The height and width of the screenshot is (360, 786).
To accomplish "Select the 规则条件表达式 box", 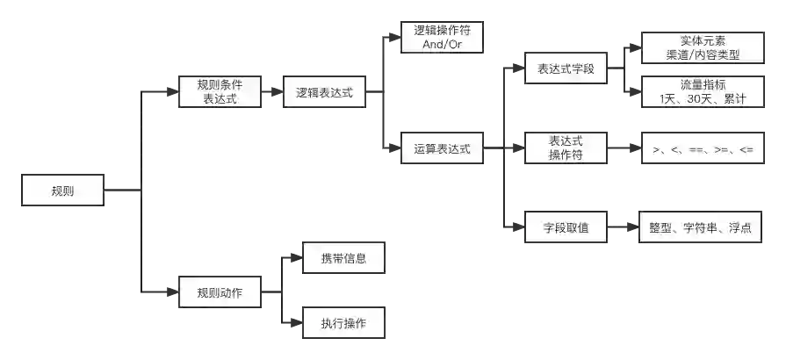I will point(220,92).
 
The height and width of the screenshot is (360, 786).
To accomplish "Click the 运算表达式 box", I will point(442,149).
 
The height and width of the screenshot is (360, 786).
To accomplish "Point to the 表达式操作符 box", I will point(566,148).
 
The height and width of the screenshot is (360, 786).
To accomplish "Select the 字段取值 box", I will point(566,227).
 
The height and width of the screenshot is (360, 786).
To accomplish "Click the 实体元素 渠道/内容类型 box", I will point(703,47).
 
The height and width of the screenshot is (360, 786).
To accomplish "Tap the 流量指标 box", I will point(703,92).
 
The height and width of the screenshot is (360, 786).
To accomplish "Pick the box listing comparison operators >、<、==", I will point(703,149).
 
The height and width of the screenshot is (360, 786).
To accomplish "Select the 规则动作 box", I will point(220,292).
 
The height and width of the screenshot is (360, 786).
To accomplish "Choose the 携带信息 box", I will point(343,258).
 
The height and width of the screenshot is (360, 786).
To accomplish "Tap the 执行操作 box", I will point(343,324).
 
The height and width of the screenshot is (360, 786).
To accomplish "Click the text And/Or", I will point(442,44).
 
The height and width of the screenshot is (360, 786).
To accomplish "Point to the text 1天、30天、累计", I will point(703,99).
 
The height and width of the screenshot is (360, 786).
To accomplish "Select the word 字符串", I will point(700,227).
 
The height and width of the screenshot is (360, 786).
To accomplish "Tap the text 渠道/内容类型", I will point(703,54).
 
